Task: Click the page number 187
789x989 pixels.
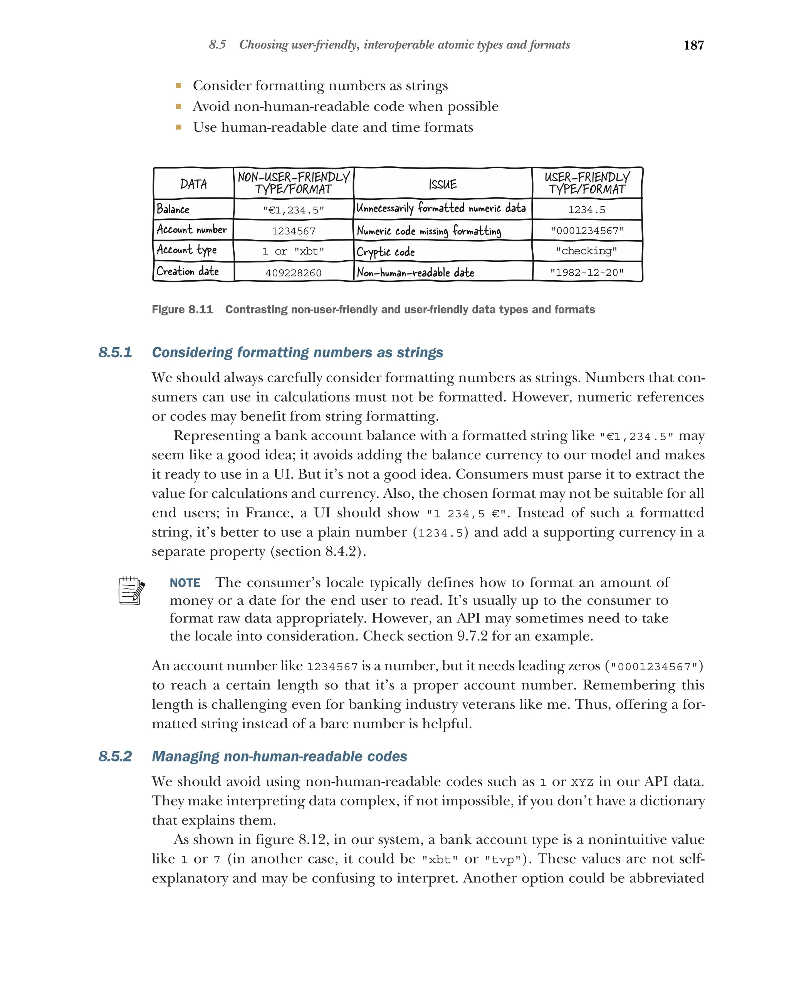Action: tap(693, 45)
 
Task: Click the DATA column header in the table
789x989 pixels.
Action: tap(193, 184)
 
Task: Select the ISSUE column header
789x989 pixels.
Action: tap(443, 184)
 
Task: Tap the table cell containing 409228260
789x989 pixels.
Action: tap(293, 273)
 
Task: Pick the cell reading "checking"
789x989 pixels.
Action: tap(587, 251)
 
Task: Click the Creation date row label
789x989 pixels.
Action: tap(188, 271)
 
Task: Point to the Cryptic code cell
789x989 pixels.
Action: tap(386, 252)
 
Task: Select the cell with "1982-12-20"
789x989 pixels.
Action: tap(587, 273)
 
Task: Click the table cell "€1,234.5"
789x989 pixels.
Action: tap(293, 210)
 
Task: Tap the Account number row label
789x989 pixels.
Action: tap(191, 229)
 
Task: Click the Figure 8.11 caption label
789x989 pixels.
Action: tap(182, 310)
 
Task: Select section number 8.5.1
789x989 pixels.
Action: tap(115, 352)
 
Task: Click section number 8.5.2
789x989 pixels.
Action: tap(115, 756)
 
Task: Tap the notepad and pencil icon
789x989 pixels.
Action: tap(131, 591)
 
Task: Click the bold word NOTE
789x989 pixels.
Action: tap(185, 582)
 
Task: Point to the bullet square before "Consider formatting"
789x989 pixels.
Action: tap(178, 86)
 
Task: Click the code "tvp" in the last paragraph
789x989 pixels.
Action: tap(504, 860)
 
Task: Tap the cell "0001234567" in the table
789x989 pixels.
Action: tap(587, 231)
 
